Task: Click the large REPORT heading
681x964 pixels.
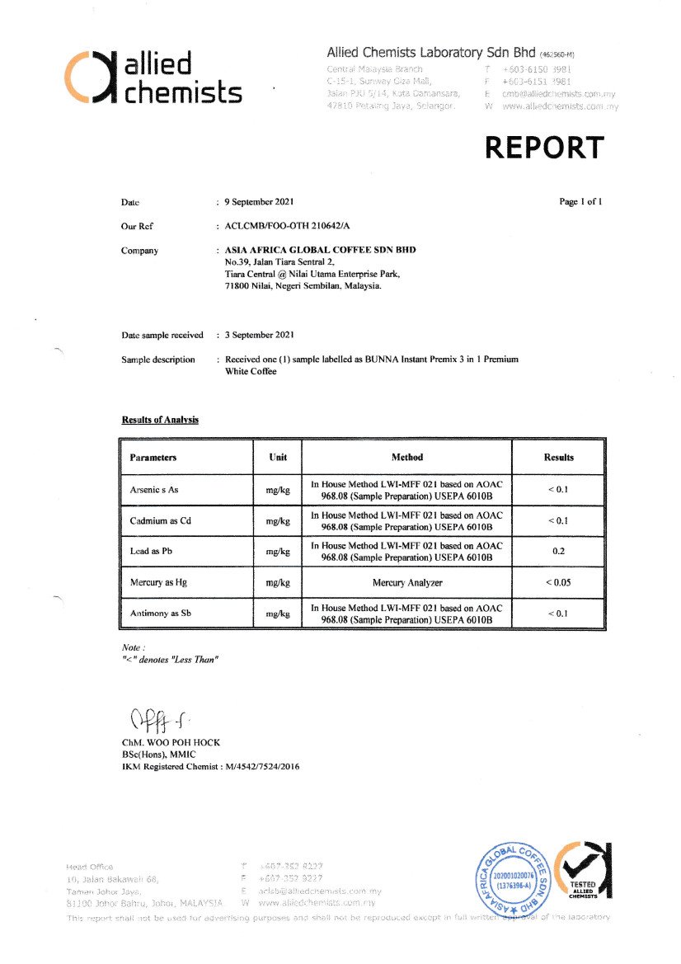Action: [544, 148]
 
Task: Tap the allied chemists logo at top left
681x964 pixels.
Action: [153, 78]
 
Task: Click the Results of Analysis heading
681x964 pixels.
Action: [160, 420]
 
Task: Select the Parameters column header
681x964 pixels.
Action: [153, 457]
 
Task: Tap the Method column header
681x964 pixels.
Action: [406, 457]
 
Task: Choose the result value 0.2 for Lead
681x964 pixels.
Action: [558, 551]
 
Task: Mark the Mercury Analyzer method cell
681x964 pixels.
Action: [406, 582]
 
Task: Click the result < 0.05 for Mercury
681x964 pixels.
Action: [558, 582]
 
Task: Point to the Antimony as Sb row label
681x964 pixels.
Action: [160, 614]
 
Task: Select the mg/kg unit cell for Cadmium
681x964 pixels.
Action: [278, 520]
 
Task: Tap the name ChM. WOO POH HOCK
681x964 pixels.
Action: [171, 742]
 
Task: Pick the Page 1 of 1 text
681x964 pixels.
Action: [580, 202]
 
